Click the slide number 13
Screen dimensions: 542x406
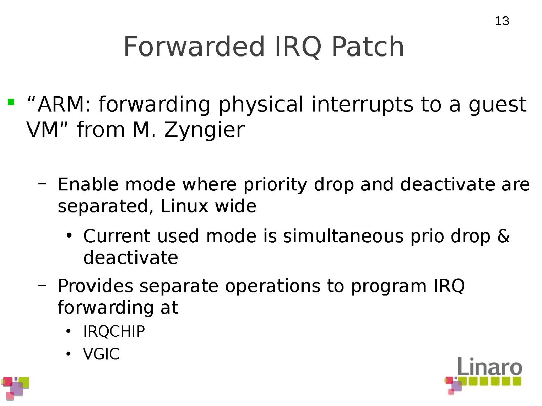click(502, 21)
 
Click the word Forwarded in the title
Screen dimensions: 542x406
click(194, 46)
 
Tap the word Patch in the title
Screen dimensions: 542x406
click(368, 46)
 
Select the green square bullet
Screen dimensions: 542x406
click(11, 102)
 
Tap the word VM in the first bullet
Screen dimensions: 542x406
click(42, 130)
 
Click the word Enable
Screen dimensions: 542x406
click(88, 184)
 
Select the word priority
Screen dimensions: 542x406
click(275, 185)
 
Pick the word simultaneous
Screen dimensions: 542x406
click(343, 236)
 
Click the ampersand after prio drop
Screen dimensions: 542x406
click(503, 236)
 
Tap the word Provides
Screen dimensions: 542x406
click(96, 286)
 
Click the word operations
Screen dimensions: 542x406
click(273, 287)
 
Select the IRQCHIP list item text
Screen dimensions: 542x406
click(114, 331)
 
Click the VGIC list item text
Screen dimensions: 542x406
click(102, 354)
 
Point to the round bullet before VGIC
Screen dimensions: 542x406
click(69, 354)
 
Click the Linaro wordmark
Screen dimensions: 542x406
click(489, 366)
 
